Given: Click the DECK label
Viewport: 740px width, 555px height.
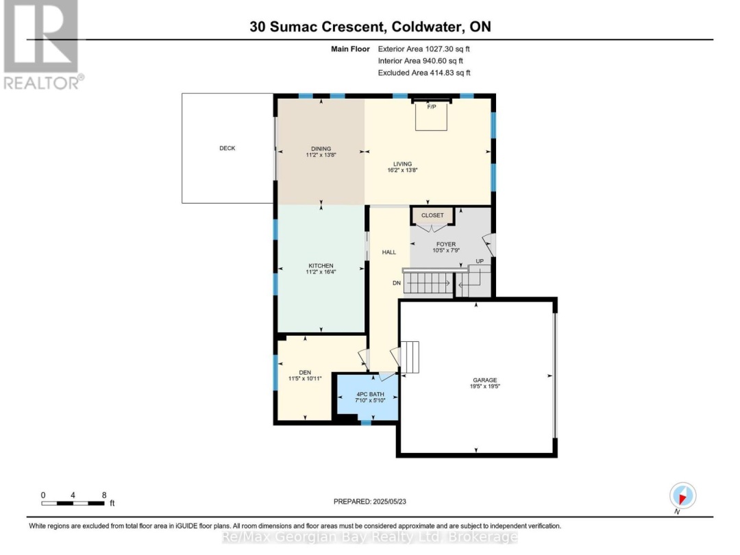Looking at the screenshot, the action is click(227, 148).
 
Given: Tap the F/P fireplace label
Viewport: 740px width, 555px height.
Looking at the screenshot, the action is click(432, 107).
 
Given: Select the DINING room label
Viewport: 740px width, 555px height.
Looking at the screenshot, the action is click(321, 149).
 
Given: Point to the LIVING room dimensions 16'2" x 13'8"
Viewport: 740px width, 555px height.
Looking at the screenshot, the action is click(403, 171).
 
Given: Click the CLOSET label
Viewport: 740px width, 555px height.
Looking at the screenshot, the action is click(432, 215).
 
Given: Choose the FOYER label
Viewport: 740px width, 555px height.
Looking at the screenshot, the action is click(446, 245).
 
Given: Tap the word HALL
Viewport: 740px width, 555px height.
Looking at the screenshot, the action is click(389, 252).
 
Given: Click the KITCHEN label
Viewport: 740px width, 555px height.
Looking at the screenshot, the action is click(321, 266).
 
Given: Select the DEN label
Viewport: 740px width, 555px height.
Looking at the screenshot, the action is click(305, 373).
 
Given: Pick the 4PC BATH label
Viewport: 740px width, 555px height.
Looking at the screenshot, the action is click(370, 395).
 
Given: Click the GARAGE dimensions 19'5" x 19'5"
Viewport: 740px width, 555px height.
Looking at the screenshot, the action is click(484, 386).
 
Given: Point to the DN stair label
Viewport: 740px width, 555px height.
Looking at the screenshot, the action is click(397, 283).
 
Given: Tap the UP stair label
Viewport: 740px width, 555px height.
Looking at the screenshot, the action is click(480, 262).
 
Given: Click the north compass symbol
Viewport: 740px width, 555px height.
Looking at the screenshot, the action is click(682, 496).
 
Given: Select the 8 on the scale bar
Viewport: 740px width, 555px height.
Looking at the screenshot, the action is click(104, 495).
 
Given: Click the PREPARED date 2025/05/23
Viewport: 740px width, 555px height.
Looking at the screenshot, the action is click(389, 502).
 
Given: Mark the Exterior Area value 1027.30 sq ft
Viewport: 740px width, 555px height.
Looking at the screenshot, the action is click(447, 49).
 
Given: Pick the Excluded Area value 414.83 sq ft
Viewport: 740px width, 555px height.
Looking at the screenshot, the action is click(449, 73).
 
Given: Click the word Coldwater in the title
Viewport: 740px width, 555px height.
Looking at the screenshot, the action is click(427, 27).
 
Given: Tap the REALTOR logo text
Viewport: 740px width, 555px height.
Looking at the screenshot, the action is click(43, 83).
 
